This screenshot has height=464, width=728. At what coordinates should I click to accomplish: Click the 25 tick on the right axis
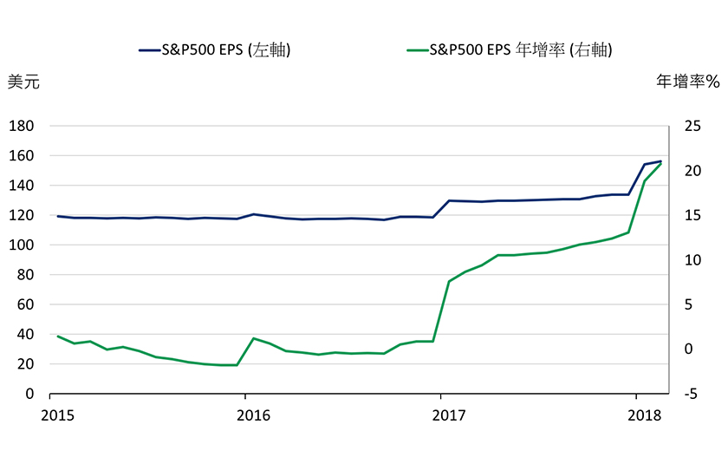(x=690, y=127)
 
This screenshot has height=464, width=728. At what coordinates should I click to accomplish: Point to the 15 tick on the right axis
(x=690, y=216)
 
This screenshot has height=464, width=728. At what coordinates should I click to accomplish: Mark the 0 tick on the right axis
(x=687, y=350)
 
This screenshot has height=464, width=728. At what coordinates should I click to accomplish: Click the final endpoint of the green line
(x=661, y=163)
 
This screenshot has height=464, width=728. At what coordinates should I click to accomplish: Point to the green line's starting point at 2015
(x=58, y=337)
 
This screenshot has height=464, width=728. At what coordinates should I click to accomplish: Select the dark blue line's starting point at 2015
(x=58, y=216)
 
